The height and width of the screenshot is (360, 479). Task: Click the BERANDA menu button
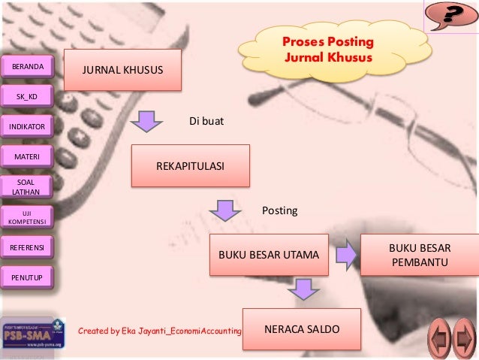tap(29, 68)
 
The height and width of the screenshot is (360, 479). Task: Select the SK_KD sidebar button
tap(29, 96)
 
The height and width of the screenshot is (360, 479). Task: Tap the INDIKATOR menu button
tap(29, 127)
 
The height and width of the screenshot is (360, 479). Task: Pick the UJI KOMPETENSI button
tap(29, 216)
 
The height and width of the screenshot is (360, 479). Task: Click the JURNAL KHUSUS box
tap(122, 70)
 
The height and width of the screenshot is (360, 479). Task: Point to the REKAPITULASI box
tap(190, 165)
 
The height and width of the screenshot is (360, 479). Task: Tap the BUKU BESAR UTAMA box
tap(268, 256)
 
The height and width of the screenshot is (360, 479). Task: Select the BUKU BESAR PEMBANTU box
tap(420, 255)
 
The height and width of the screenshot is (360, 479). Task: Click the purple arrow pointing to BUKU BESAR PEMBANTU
tap(346, 255)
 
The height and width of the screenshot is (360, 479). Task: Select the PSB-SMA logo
tap(28, 334)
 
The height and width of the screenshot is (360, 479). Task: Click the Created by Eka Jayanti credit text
tap(160, 330)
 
